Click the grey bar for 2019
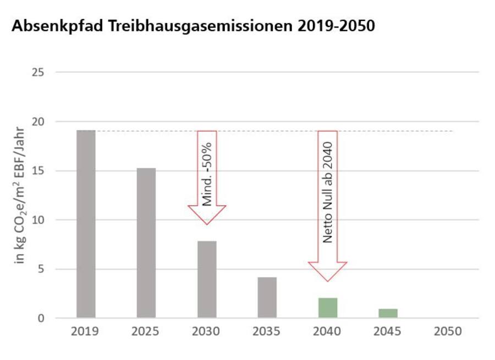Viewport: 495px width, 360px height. (x=86, y=224)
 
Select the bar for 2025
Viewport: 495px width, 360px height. (x=146, y=243)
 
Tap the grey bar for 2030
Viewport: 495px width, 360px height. (x=207, y=279)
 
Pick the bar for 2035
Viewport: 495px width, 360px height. (x=267, y=297)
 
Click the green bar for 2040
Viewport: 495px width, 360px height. (x=328, y=308)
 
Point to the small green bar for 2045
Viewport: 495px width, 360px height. (x=388, y=313)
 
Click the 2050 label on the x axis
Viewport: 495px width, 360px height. (x=448, y=332)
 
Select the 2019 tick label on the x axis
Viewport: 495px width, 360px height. (x=85, y=332)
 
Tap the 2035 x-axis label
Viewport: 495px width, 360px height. (x=267, y=332)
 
